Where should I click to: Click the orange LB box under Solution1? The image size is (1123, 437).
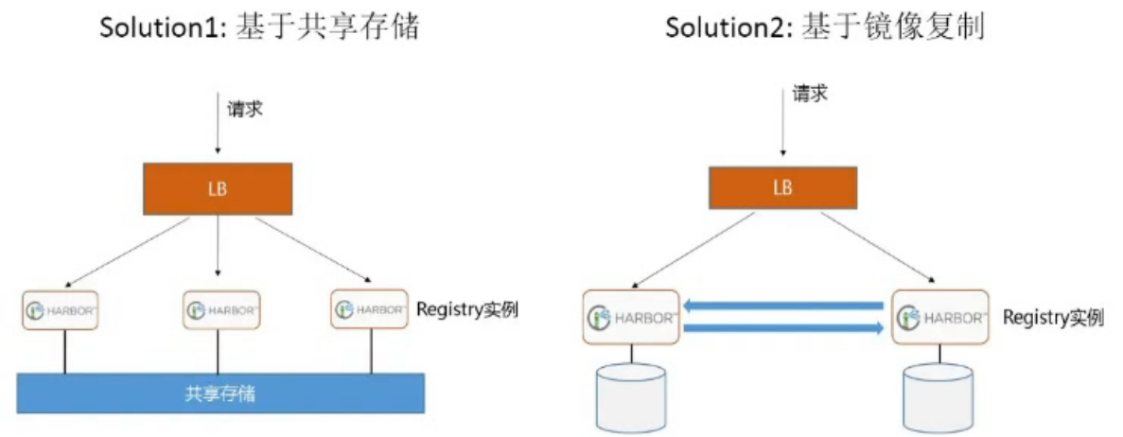click(x=218, y=188)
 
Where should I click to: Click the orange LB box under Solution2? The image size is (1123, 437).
click(x=782, y=187)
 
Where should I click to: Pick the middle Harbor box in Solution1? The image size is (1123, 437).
click(x=219, y=310)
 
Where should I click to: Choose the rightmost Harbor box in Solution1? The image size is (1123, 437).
click(x=369, y=309)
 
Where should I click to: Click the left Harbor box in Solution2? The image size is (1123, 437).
click(x=631, y=316)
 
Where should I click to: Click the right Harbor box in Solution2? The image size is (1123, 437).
click(x=940, y=316)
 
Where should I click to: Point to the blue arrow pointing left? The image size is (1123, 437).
click(x=784, y=305)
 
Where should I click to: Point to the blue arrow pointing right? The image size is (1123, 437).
click(x=784, y=327)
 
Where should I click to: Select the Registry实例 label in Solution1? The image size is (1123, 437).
click(x=466, y=309)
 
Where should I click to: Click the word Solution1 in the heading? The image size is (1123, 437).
click(x=156, y=27)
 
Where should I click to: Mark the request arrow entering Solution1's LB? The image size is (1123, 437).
click(x=218, y=124)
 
